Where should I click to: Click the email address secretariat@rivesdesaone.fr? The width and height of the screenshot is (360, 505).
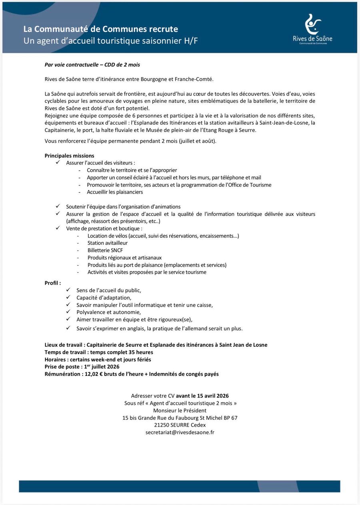click(180, 432)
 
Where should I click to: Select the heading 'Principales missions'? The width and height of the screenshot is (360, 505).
click(69, 156)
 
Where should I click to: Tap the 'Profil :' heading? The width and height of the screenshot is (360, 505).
click(52, 283)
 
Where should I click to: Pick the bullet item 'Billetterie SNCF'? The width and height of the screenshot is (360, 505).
click(105, 250)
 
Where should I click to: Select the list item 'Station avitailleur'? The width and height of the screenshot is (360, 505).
click(108, 243)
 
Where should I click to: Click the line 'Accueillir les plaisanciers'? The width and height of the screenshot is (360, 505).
click(115, 192)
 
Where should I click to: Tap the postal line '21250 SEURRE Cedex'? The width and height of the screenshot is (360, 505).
click(180, 425)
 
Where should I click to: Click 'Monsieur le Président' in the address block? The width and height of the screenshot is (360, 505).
click(180, 410)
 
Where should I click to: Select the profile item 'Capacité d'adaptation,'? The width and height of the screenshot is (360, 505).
click(104, 297)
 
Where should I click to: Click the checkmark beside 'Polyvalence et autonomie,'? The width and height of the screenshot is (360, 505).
click(68, 312)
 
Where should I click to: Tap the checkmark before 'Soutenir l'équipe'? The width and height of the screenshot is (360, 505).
click(58, 206)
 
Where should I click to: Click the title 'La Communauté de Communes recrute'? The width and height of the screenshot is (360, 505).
click(100, 29)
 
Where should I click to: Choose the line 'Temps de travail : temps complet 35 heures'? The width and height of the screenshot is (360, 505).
click(99, 352)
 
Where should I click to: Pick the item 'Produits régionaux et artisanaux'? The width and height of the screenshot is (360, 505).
click(124, 257)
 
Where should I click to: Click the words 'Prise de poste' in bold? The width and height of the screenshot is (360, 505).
click(60, 367)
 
